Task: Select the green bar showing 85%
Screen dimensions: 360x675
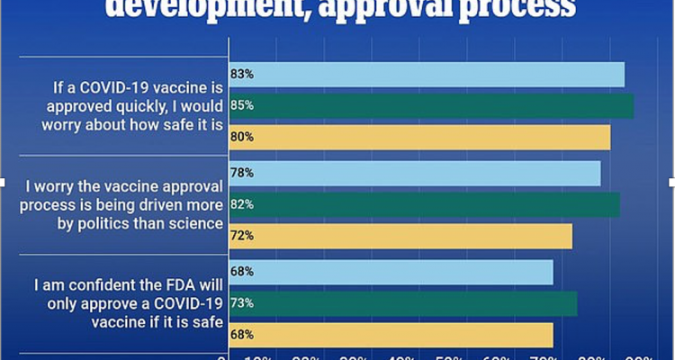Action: pos(432,105)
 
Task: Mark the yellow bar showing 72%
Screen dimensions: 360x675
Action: pos(401,236)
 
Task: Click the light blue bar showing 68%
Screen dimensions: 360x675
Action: pos(391,272)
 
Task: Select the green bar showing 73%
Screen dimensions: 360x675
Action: pos(404,303)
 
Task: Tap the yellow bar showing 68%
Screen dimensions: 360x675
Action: pos(391,335)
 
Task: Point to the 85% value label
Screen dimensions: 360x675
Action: pos(242,105)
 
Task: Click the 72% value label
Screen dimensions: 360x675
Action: pos(242,236)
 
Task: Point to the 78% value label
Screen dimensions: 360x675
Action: pos(242,173)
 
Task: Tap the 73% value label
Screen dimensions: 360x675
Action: pos(242,303)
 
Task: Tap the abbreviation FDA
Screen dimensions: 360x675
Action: pos(171,285)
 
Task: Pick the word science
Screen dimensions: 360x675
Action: pos(197,223)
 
